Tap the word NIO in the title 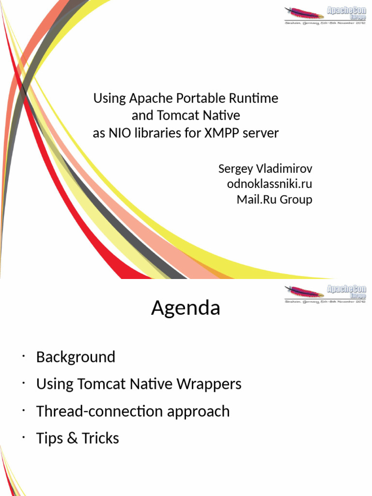click(x=118, y=133)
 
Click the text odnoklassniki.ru click(x=270, y=184)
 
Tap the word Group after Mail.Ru click(x=296, y=200)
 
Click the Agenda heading click(x=186, y=308)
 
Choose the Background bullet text click(x=76, y=357)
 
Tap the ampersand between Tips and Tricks click(x=72, y=438)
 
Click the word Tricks click(x=100, y=438)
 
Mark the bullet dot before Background click(x=23, y=357)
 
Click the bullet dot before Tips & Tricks click(x=23, y=438)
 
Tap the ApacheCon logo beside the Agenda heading click(x=325, y=294)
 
